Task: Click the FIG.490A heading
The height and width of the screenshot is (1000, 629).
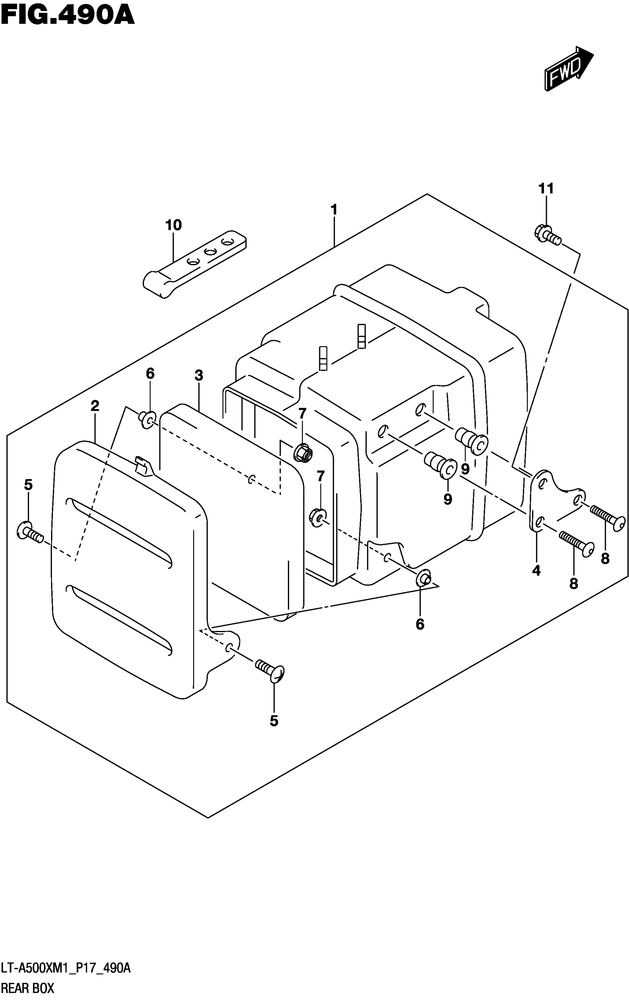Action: click(x=67, y=16)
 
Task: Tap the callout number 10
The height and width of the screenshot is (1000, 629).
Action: click(x=173, y=225)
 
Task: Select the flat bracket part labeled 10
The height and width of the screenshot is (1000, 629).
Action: click(x=194, y=264)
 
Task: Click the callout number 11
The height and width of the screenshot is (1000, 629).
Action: click(x=546, y=189)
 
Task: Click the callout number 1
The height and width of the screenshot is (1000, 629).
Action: click(x=334, y=210)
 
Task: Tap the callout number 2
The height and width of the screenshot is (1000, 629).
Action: click(x=95, y=406)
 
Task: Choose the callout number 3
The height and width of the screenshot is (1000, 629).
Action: click(x=199, y=375)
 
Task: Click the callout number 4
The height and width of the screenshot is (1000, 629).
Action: click(x=536, y=571)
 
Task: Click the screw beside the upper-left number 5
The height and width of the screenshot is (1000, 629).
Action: click(x=30, y=533)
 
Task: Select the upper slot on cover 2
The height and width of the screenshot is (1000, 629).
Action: click(x=118, y=532)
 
